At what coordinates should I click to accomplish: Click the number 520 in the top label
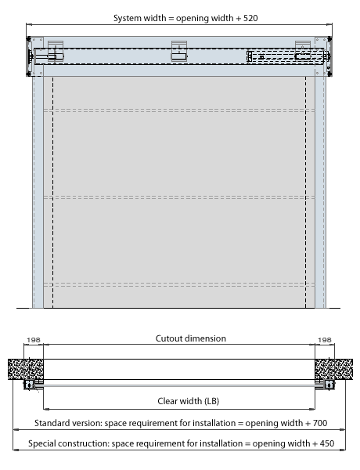pyautogui.click(x=250, y=18)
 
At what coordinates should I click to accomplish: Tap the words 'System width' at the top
pyautogui.click(x=139, y=19)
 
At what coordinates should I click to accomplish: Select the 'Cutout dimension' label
pyautogui.click(x=191, y=338)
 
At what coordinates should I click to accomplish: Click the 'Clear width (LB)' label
pyautogui.click(x=189, y=401)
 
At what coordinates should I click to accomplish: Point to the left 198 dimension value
pyautogui.click(x=33, y=340)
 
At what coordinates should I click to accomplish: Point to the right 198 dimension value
pyautogui.click(x=325, y=340)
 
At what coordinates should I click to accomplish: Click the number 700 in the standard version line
pyautogui.click(x=320, y=423)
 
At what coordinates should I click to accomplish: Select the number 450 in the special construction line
pyautogui.click(x=327, y=443)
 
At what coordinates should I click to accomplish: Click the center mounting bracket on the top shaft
pyautogui.click(x=179, y=51)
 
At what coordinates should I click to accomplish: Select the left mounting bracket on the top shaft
pyautogui.click(x=56, y=51)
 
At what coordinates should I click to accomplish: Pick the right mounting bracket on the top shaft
pyautogui.click(x=303, y=51)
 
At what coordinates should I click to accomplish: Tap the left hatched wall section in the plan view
pyautogui.click(x=26, y=369)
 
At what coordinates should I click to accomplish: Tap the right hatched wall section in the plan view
pyautogui.click(x=333, y=369)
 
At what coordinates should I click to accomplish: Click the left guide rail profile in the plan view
pyautogui.click(x=30, y=385)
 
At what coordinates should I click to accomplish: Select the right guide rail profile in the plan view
pyautogui.click(x=329, y=385)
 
